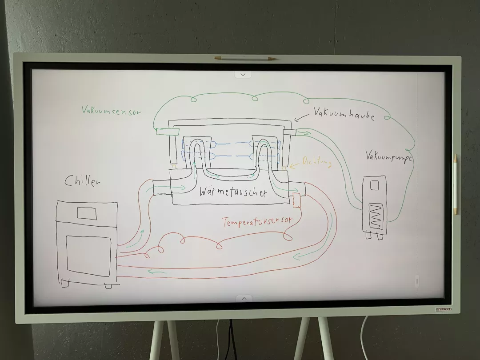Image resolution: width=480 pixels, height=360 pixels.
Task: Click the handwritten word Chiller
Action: pyautogui.click(x=82, y=181)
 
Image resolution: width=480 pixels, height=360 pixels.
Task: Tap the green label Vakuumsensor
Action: pyautogui.click(x=112, y=110)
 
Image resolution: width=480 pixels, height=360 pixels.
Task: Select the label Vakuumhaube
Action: pyautogui.click(x=344, y=113)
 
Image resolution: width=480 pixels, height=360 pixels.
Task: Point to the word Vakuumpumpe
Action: pyautogui.click(x=388, y=156)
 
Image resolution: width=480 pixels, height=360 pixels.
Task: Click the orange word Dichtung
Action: pyautogui.click(x=316, y=162)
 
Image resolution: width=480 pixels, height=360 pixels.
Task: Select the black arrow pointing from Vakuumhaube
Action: pyautogui.click(x=302, y=116)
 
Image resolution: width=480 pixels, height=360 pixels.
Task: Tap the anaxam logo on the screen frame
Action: pyautogui.click(x=443, y=309)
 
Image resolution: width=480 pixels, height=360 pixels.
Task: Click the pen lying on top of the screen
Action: pyautogui.click(x=245, y=58)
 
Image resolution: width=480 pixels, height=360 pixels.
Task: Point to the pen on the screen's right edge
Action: pyautogui.click(x=455, y=184)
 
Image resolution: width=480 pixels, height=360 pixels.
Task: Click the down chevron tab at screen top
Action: pyautogui.click(x=243, y=75)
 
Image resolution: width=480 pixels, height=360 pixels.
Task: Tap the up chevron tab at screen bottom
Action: pyautogui.click(x=244, y=299)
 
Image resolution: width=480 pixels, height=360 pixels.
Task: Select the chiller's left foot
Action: pyautogui.click(x=66, y=283)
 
